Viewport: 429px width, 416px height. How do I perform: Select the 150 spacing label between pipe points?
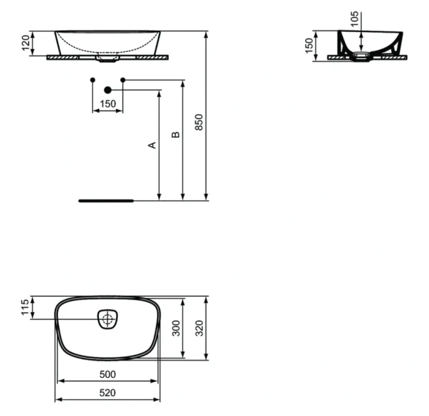click(x=107, y=104)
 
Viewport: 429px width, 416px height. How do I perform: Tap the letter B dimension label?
click(x=176, y=134)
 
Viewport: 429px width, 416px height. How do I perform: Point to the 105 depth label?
click(x=356, y=19)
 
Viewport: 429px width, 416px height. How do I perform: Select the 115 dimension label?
click(x=25, y=307)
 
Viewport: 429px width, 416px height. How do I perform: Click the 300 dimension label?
click(x=176, y=328)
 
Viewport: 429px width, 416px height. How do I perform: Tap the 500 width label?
click(x=107, y=374)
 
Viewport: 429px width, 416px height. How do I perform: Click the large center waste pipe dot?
click(x=107, y=90)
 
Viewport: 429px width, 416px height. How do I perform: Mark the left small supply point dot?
click(x=93, y=80)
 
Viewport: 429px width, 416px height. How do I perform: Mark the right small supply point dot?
click(x=123, y=80)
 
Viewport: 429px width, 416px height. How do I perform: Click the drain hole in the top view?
click(x=107, y=320)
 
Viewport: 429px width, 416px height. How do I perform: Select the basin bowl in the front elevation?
click(x=107, y=42)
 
